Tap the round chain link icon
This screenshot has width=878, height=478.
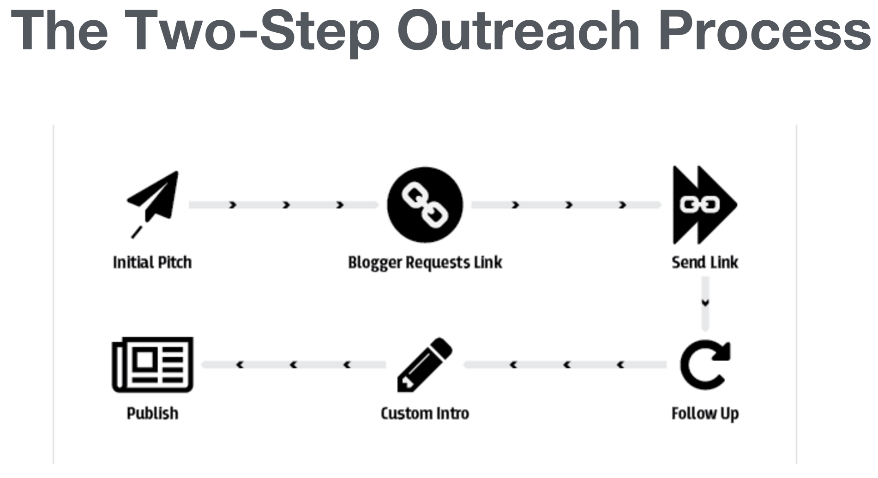425,205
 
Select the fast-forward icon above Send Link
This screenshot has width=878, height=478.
704,205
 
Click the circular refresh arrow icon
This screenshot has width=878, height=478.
704,365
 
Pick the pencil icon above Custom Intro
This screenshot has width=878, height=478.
425,365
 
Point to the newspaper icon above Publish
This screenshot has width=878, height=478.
152,365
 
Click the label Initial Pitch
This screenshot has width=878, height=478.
152,263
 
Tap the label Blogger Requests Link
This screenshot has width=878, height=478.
425,263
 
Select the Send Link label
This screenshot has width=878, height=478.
705,263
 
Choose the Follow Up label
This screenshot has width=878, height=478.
705,414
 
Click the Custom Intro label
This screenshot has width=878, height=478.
425,413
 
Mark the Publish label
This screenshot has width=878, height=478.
152,413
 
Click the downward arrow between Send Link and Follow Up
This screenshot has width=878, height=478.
705,304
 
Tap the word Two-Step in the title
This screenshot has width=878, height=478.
252,32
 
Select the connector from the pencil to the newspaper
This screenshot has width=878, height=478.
294,365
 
